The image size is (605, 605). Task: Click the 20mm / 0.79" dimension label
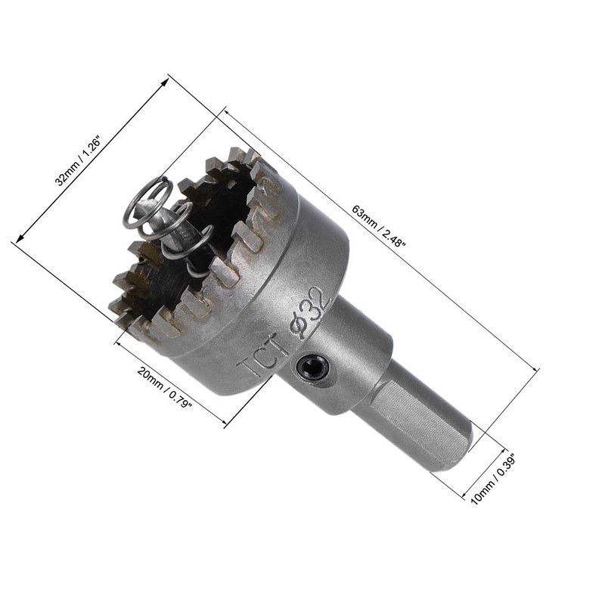click(x=164, y=388)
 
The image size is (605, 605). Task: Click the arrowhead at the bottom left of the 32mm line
click(x=15, y=242)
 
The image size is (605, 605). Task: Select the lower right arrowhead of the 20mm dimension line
click(x=225, y=425)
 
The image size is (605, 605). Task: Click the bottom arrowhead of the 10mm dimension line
click(x=464, y=497)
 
